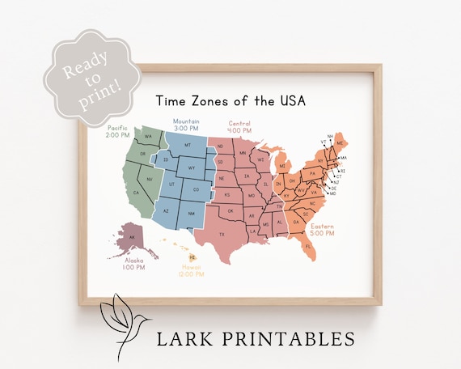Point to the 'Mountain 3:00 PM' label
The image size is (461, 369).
[x=186, y=125]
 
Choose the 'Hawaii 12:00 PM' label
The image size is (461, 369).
[x=192, y=269]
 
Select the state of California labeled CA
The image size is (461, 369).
[x=137, y=193]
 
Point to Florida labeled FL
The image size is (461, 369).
[x=308, y=245]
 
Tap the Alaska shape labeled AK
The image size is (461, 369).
[x=131, y=237]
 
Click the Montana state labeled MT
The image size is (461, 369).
[x=188, y=145]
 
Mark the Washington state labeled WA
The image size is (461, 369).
[x=148, y=137]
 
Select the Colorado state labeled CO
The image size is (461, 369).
[x=196, y=189]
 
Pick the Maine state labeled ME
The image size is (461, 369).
[x=340, y=143]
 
